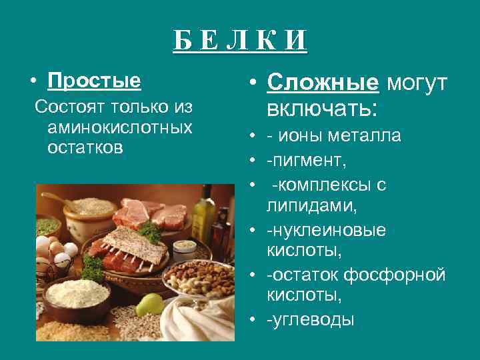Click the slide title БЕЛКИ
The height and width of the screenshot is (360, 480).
pyautogui.click(x=240, y=41)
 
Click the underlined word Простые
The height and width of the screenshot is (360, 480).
pyautogui.click(x=94, y=81)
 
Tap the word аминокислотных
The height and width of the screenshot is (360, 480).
pyautogui.click(x=119, y=127)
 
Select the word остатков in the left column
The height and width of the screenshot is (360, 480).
pyautogui.click(x=85, y=147)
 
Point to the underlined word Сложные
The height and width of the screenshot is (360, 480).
pyautogui.click(x=323, y=83)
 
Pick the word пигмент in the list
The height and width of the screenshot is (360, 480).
pyautogui.click(x=306, y=161)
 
